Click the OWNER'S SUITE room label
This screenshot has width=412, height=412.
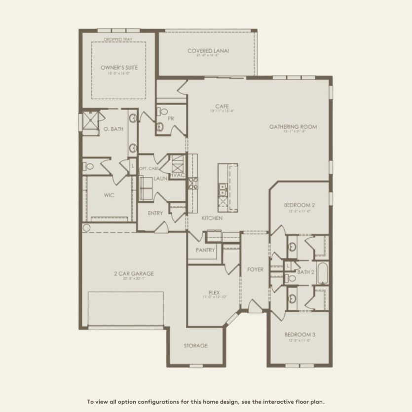[x=119, y=67]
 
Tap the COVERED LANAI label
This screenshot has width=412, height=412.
[x=209, y=51]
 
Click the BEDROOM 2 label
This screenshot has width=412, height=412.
[x=300, y=205]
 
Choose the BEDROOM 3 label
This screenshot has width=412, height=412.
[x=300, y=335]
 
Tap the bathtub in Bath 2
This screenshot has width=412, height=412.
[x=323, y=272]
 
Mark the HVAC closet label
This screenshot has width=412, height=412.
[x=177, y=175]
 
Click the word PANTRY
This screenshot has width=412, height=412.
[x=205, y=250]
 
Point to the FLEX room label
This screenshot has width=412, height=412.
[x=214, y=292]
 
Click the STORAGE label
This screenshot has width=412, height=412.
[x=195, y=345]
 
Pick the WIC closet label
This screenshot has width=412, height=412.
[x=109, y=195]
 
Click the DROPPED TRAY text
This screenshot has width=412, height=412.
[x=119, y=39]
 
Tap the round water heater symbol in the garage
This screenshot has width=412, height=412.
[x=87, y=227]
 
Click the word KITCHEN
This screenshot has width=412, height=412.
[x=212, y=218]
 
